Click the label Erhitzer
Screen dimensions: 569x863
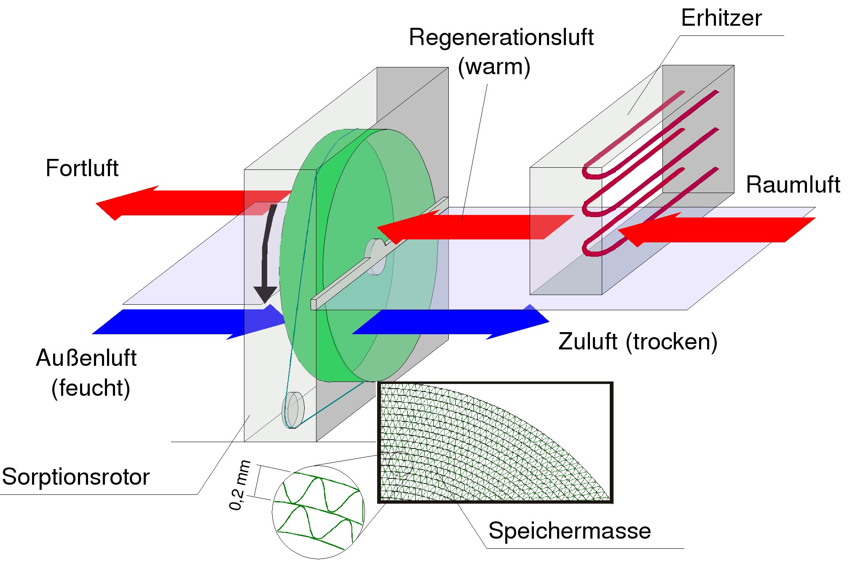click(721, 18)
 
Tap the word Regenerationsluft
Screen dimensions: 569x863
click(501, 38)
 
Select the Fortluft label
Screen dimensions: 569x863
click(82, 168)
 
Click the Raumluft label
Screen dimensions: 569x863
click(793, 185)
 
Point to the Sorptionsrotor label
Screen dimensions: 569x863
click(76, 477)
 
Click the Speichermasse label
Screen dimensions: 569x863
click(569, 530)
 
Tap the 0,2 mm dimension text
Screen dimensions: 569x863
click(239, 486)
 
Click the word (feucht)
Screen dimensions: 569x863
click(91, 388)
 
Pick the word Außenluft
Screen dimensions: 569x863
click(86, 358)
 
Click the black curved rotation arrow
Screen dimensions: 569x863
click(266, 253)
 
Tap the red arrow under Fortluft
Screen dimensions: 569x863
click(190, 203)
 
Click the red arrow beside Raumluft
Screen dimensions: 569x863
click(716, 230)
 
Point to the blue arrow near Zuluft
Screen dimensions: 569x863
click(451, 322)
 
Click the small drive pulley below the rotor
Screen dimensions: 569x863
click(293, 410)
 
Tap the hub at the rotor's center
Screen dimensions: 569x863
click(375, 256)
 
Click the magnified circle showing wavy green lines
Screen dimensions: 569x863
click(318, 512)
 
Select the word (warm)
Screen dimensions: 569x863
click(494, 67)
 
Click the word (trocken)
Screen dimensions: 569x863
click(671, 341)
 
